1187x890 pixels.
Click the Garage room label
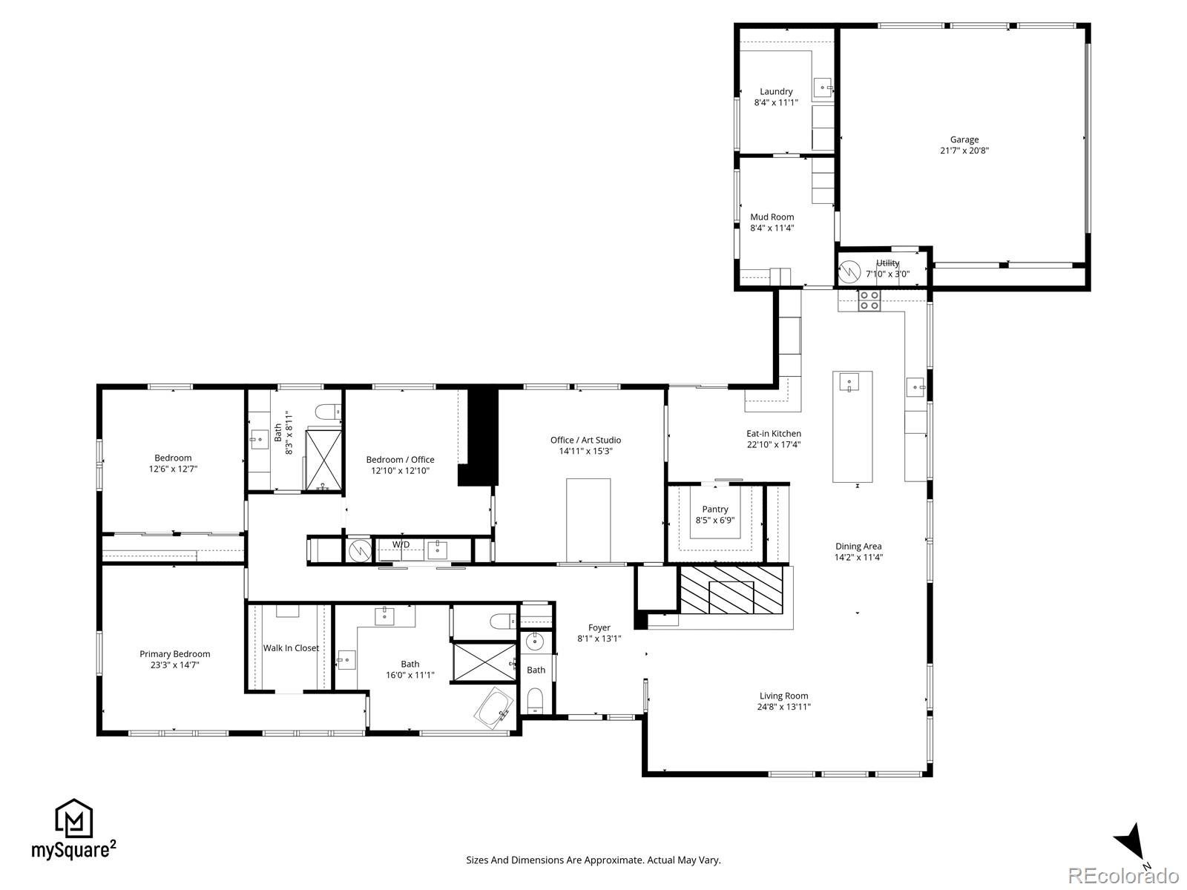(x=964, y=139)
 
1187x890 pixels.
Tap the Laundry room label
(x=776, y=92)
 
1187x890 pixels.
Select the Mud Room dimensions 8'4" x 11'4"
(x=772, y=228)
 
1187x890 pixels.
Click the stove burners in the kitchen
(x=869, y=300)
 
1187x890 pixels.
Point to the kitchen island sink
(x=849, y=383)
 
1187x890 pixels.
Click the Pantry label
(x=715, y=510)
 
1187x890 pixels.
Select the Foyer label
(x=599, y=627)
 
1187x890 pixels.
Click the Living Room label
(x=784, y=696)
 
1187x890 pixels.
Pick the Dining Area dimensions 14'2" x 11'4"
(x=858, y=558)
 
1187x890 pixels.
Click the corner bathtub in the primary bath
(x=494, y=709)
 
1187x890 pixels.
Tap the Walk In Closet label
(x=291, y=648)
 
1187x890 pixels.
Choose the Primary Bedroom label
(x=175, y=654)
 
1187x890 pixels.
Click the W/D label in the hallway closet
(x=401, y=544)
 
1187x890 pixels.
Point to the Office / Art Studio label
(x=585, y=440)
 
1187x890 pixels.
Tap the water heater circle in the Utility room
(x=848, y=272)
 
